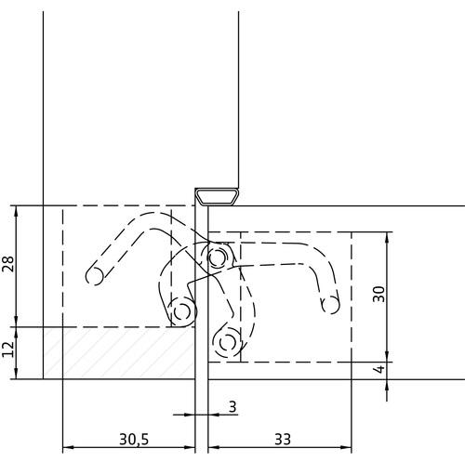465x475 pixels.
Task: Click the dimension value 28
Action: [x=8, y=264]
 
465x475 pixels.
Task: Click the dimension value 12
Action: [x=8, y=349]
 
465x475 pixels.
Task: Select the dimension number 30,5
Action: [x=134, y=439]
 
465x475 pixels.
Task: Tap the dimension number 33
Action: [x=283, y=439]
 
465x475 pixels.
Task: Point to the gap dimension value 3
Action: [x=232, y=406]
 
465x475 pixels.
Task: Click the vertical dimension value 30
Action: [x=379, y=294]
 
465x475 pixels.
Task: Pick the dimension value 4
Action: [x=379, y=369]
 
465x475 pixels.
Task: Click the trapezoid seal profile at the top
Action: [x=218, y=197]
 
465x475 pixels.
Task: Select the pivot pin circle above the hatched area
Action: [x=182, y=311]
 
